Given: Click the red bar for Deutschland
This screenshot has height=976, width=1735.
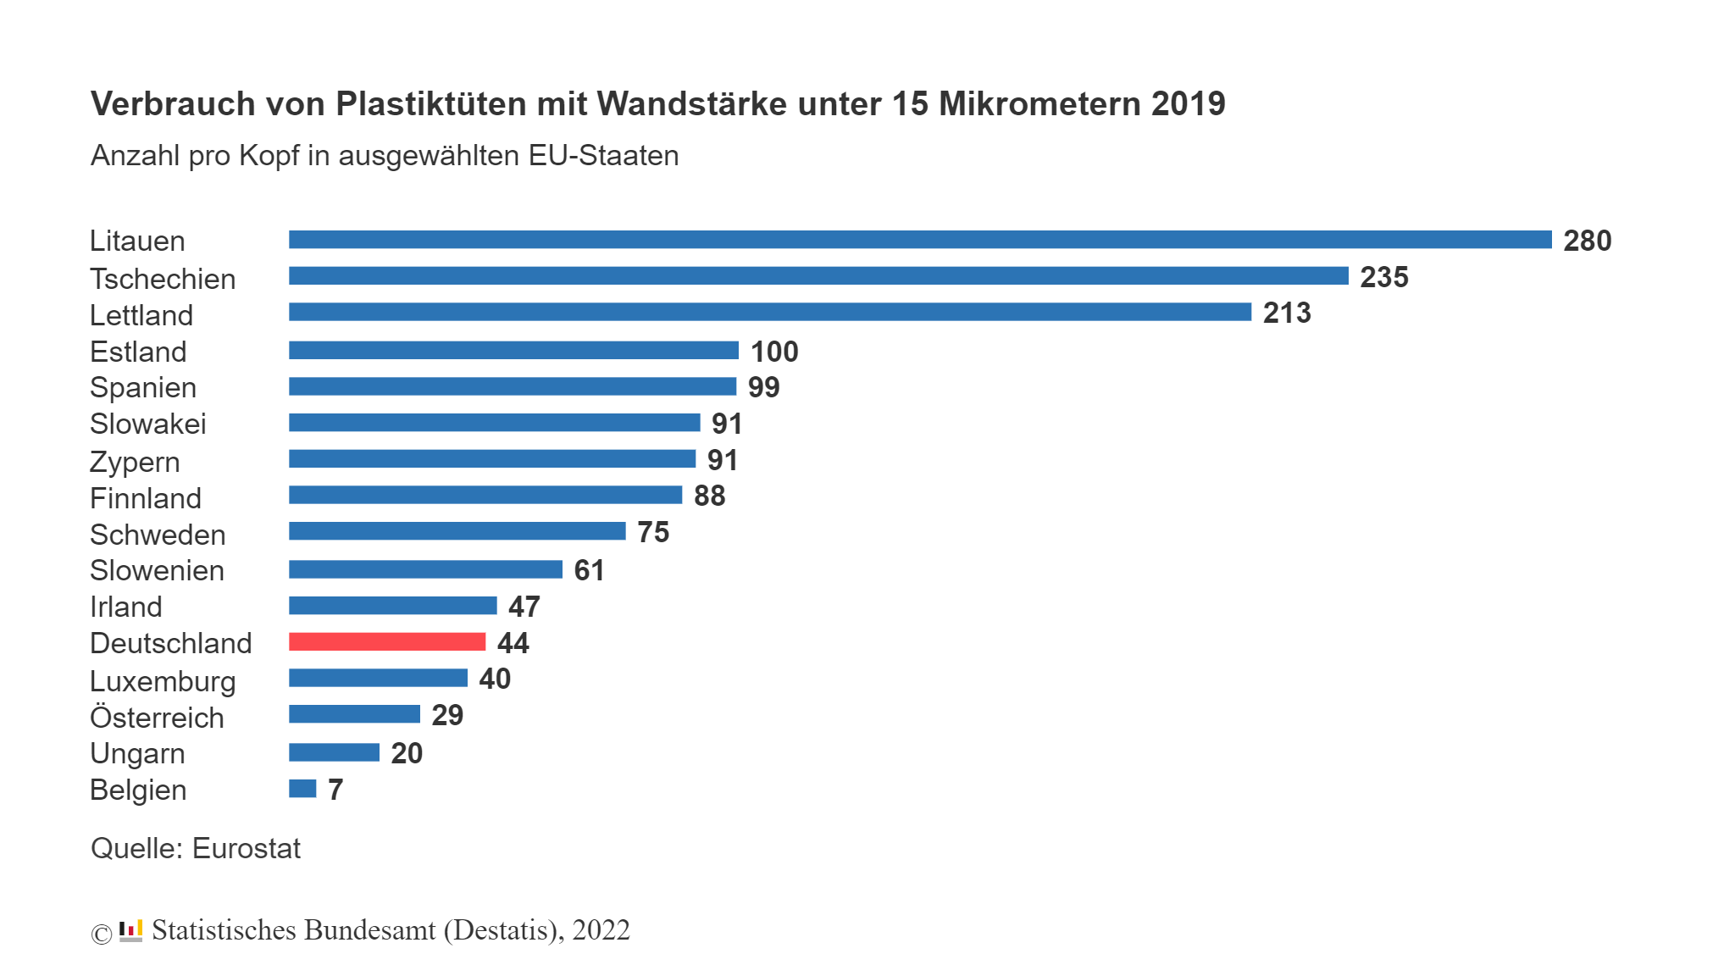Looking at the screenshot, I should [387, 642].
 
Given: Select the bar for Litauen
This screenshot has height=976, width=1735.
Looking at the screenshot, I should [920, 240].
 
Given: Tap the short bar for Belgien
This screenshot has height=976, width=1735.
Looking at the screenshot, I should [302, 789].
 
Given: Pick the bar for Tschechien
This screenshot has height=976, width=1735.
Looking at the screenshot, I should [818, 276].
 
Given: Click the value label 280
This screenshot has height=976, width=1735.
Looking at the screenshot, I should [1587, 241].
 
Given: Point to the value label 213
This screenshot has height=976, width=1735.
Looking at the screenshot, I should [1286, 313].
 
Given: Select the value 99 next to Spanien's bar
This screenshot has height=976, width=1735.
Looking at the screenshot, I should [763, 387].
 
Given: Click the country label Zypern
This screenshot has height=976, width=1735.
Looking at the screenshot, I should [135, 463].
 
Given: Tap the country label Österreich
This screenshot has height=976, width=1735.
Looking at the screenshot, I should [157, 718].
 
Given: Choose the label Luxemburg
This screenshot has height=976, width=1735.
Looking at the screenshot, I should [163, 681].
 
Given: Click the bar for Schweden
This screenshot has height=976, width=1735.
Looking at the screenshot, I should [457, 531].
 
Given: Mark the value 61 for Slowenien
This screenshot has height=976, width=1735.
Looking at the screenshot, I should [589, 570].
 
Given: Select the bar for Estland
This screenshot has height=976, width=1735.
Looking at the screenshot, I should [513, 350].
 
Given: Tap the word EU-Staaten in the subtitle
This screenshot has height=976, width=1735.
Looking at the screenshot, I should [603, 156].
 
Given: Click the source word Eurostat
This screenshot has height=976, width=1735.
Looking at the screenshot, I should [247, 848].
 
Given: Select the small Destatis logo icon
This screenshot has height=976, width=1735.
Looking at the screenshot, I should [130, 930].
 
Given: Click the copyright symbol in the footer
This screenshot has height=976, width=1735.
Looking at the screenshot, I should [101, 934].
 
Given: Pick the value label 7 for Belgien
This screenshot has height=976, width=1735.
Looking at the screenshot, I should [335, 790].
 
